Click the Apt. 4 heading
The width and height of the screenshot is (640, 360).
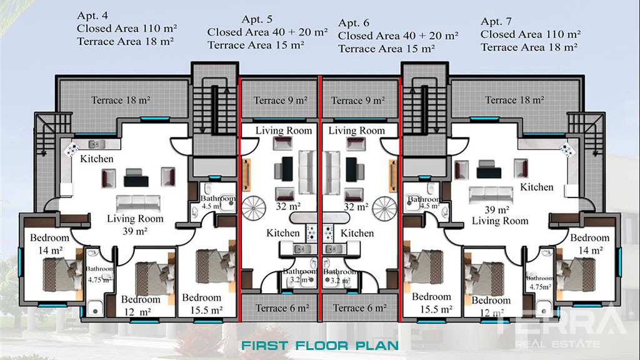(x=92, y=16)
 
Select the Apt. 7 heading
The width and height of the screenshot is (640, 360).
(x=496, y=21)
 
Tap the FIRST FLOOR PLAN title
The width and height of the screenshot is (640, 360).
(x=319, y=346)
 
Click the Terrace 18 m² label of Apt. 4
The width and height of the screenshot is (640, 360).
(x=121, y=100)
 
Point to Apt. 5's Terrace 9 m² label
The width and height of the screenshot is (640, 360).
(x=281, y=100)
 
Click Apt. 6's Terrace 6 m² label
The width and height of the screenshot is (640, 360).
(x=359, y=307)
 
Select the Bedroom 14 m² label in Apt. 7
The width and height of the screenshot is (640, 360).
(x=590, y=244)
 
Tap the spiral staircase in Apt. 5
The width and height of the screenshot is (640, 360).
(x=254, y=208)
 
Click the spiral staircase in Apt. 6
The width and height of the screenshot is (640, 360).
(x=384, y=208)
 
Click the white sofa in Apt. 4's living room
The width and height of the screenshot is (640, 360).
(x=138, y=203)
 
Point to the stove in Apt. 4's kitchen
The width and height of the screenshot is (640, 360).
(x=71, y=148)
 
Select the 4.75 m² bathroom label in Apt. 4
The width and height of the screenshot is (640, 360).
(x=99, y=279)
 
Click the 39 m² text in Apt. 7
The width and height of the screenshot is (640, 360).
(x=497, y=210)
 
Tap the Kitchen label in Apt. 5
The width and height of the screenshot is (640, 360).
(x=283, y=233)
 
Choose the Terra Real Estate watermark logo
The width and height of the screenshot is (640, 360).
(x=561, y=326)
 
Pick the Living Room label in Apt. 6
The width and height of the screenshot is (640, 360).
(x=357, y=131)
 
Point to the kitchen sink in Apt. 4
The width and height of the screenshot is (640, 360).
(x=97, y=144)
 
